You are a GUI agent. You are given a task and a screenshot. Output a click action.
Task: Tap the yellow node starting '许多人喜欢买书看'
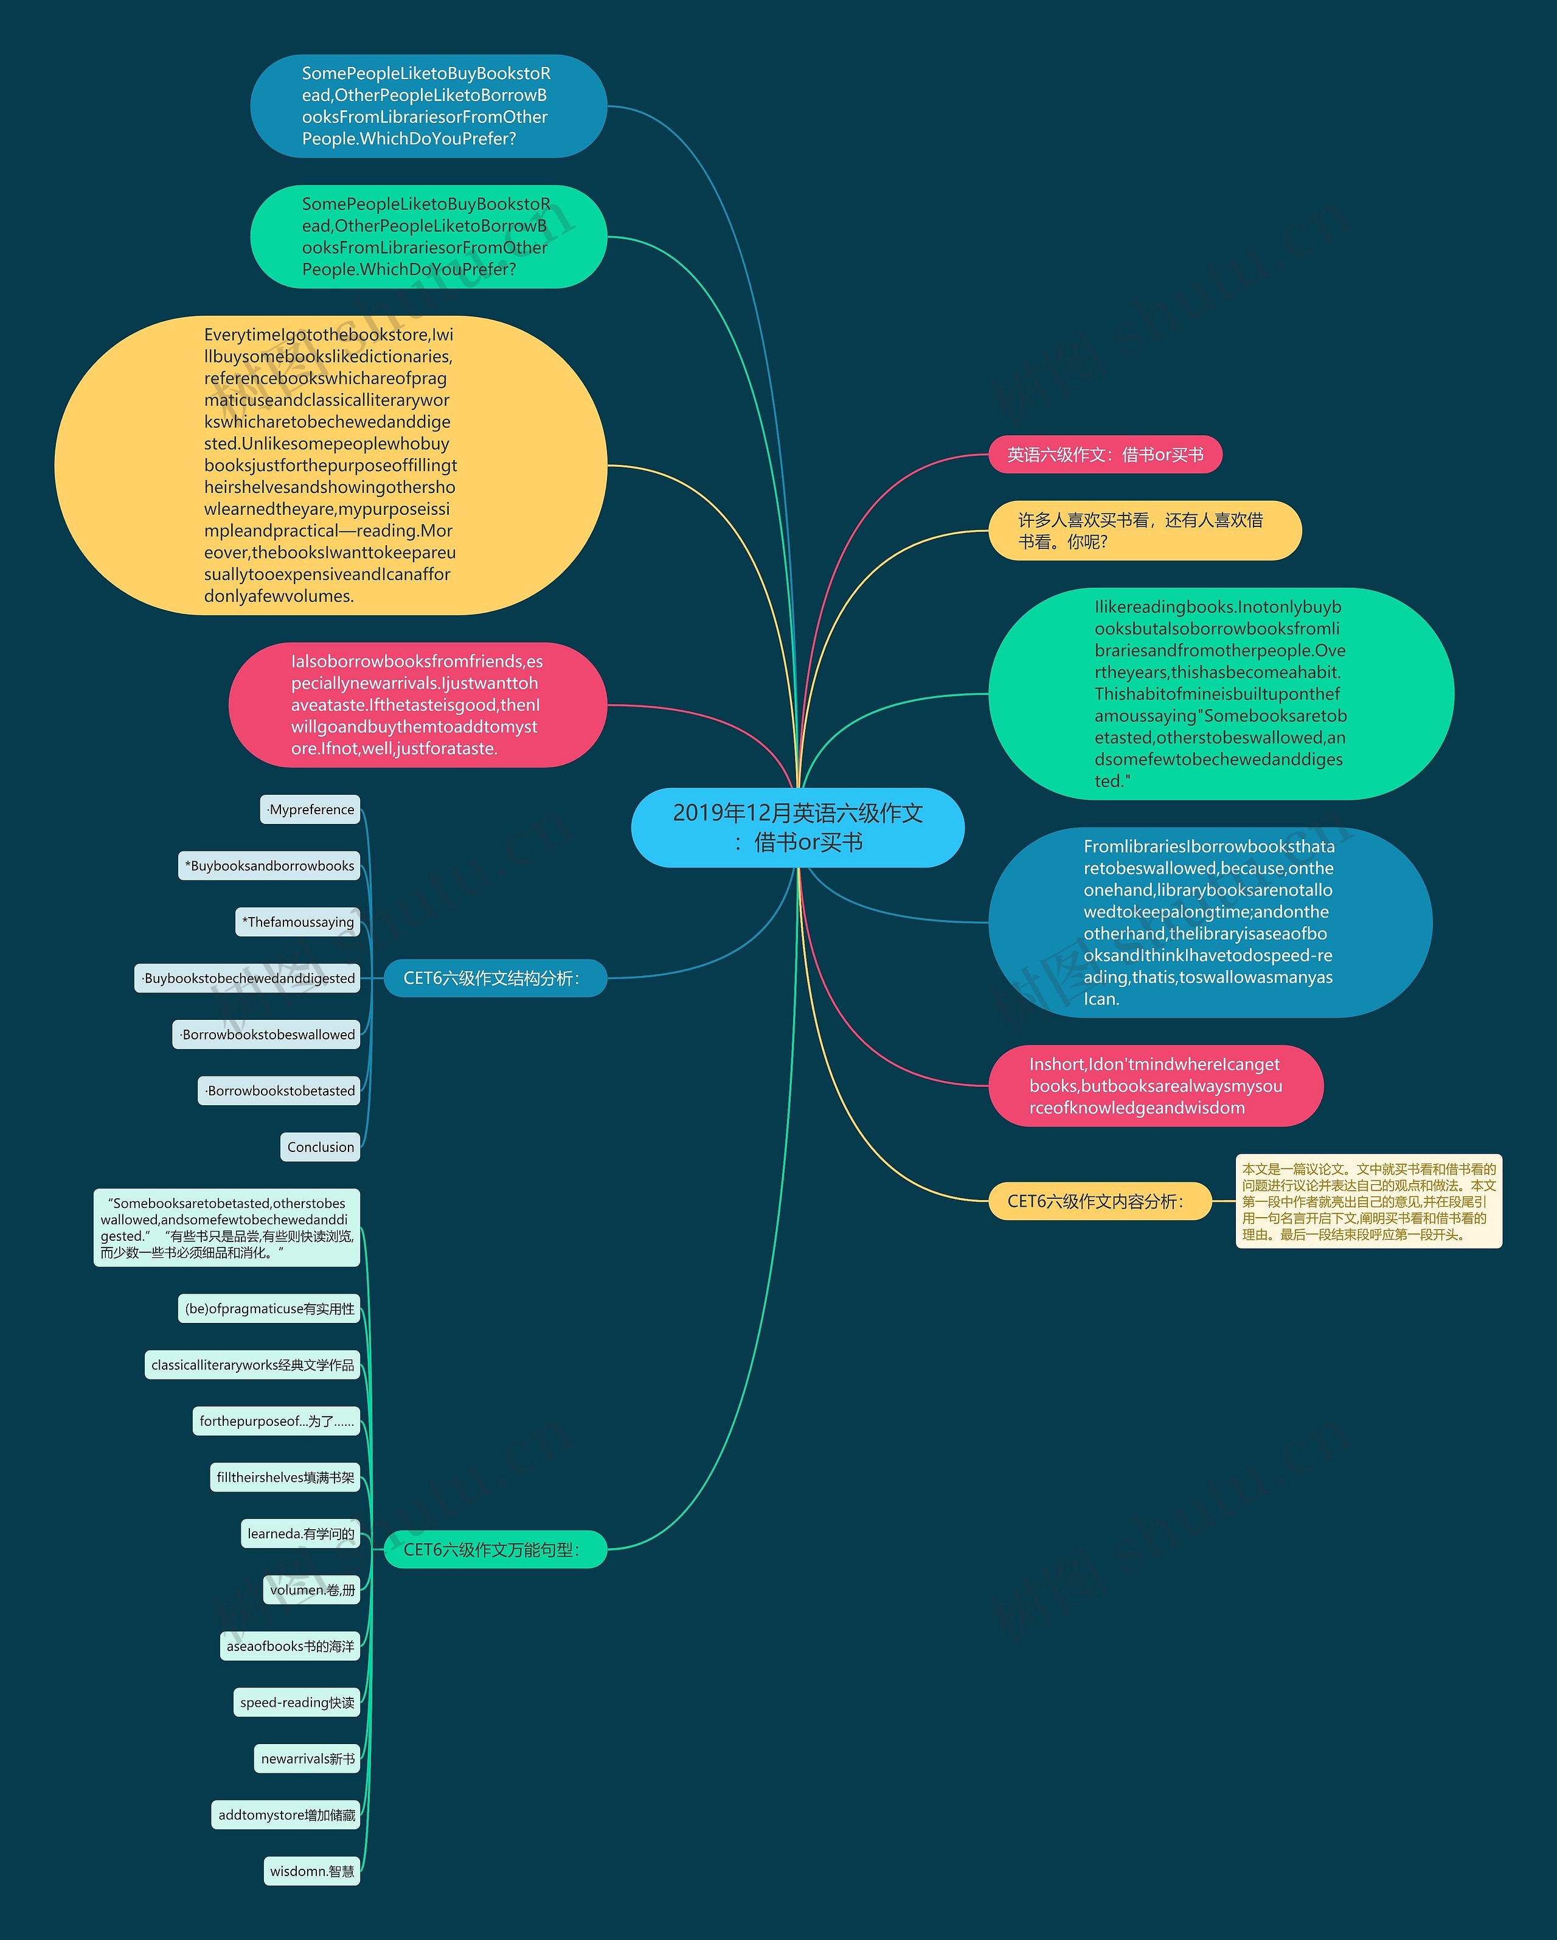click(1144, 530)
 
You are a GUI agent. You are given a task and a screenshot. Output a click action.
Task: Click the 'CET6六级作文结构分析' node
click(494, 978)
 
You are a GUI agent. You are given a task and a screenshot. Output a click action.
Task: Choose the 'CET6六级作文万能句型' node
click(494, 1549)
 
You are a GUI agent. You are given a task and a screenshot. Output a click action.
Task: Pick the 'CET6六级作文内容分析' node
click(1099, 1201)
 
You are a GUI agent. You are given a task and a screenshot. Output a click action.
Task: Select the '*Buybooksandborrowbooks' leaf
click(270, 865)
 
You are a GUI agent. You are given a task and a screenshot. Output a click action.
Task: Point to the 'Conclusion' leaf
click(320, 1147)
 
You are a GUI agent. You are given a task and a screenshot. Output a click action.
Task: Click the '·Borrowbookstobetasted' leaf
click(280, 1090)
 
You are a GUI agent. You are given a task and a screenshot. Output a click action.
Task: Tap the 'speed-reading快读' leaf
click(297, 1703)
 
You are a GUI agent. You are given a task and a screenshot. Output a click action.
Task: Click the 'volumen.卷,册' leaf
click(312, 1590)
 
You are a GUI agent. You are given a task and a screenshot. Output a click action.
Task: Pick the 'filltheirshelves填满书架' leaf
click(285, 1478)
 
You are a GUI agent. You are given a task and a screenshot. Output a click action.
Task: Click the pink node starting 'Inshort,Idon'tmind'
click(1155, 1086)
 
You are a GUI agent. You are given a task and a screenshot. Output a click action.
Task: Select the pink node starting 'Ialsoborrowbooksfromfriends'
click(417, 705)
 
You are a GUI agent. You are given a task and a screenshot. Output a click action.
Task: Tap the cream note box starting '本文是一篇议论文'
click(1368, 1201)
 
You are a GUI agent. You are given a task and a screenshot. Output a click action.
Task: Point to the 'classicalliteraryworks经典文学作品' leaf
click(253, 1365)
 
